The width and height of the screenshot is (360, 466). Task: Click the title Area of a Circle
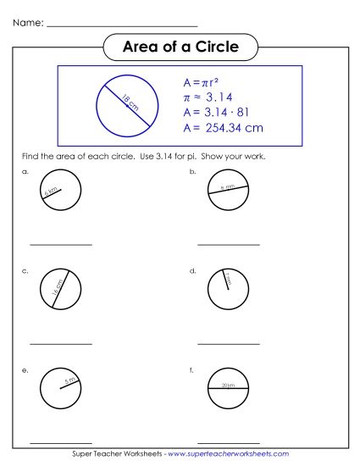tap(180, 47)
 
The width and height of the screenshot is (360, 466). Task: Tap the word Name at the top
tap(28, 23)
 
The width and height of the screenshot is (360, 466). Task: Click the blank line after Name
tap(122, 26)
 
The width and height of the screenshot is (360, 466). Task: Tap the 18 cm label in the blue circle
tap(130, 104)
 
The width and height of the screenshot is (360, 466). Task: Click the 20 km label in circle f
tap(228, 386)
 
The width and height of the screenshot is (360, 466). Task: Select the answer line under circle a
tap(61, 245)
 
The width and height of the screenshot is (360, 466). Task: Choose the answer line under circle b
tap(229, 245)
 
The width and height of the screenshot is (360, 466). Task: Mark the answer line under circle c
tap(61, 344)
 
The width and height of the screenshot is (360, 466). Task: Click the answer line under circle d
tap(229, 344)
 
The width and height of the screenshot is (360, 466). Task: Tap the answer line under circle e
tap(61, 442)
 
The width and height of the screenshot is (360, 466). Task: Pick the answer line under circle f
tap(229, 442)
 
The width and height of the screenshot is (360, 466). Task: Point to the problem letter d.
tap(193, 271)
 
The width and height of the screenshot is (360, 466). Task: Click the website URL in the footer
tap(229, 455)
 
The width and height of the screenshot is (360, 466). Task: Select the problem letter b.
tap(193, 172)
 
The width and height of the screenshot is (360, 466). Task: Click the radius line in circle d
tap(225, 280)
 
